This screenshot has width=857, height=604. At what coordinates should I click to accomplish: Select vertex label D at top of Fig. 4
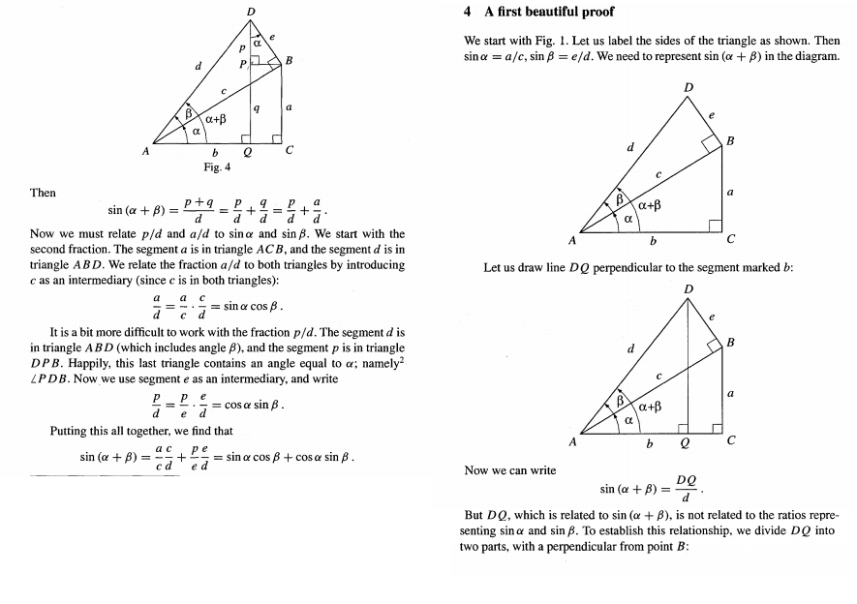tap(251, 11)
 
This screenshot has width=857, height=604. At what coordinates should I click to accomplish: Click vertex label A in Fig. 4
tap(146, 151)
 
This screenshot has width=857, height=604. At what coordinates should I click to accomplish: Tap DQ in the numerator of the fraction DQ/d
tap(686, 479)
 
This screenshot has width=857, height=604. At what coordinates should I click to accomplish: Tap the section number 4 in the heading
tap(468, 13)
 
